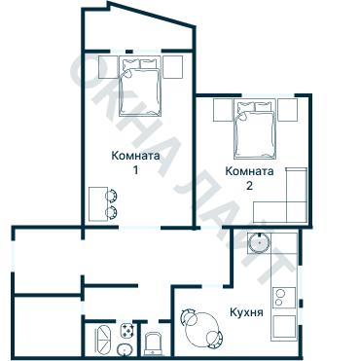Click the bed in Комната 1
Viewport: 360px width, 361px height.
point(139,82)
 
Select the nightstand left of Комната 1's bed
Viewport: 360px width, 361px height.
point(105,66)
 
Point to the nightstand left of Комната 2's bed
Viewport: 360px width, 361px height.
point(222,110)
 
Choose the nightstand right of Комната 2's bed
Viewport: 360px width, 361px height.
point(286,110)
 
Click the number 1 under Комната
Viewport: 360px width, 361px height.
point(135,170)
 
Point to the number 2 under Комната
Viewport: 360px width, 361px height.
point(249,185)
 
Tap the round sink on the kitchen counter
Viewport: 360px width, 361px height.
point(260,243)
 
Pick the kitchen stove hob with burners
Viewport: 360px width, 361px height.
point(285,292)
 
